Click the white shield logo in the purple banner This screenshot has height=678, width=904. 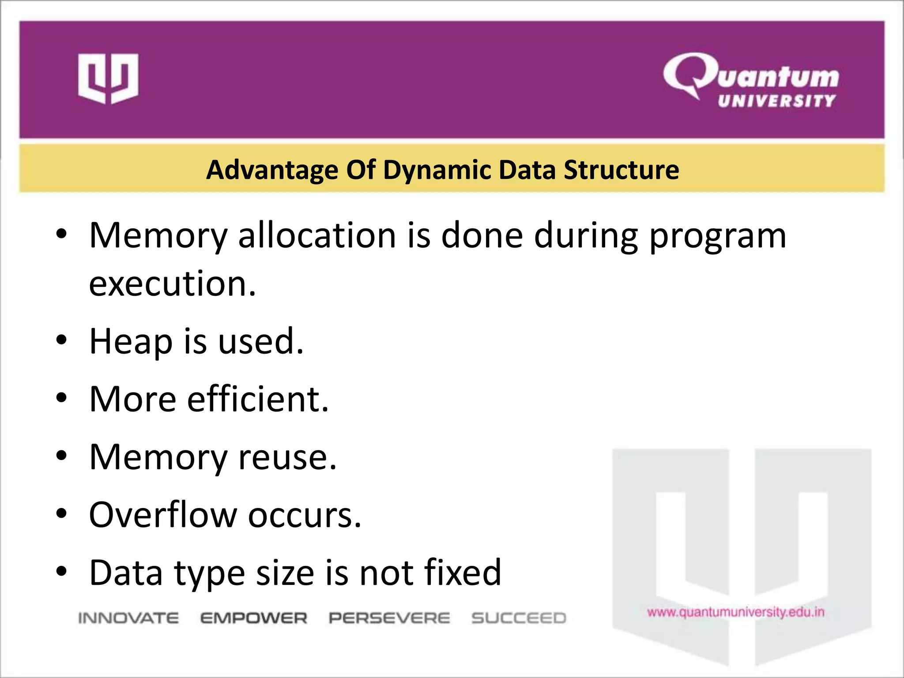pyautogui.click(x=108, y=79)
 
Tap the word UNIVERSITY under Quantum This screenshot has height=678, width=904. pyautogui.click(x=777, y=101)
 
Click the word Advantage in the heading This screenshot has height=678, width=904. pyautogui.click(x=272, y=170)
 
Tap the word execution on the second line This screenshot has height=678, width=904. pyautogui.click(x=172, y=283)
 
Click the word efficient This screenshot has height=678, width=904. pyautogui.click(x=258, y=399)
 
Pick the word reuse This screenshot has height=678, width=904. pyautogui.click(x=287, y=458)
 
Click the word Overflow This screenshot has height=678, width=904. pyautogui.click(x=163, y=515)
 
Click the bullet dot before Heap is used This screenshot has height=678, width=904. pyautogui.click(x=61, y=340)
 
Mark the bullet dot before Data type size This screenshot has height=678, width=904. pyautogui.click(x=61, y=571)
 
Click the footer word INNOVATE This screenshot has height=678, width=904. pyautogui.click(x=128, y=618)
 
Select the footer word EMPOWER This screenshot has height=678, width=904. pyautogui.click(x=254, y=618)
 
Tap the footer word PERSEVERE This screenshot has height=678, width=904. pyautogui.click(x=389, y=618)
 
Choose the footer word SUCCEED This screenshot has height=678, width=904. pyautogui.click(x=519, y=618)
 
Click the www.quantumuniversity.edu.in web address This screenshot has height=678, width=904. pyautogui.click(x=736, y=612)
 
